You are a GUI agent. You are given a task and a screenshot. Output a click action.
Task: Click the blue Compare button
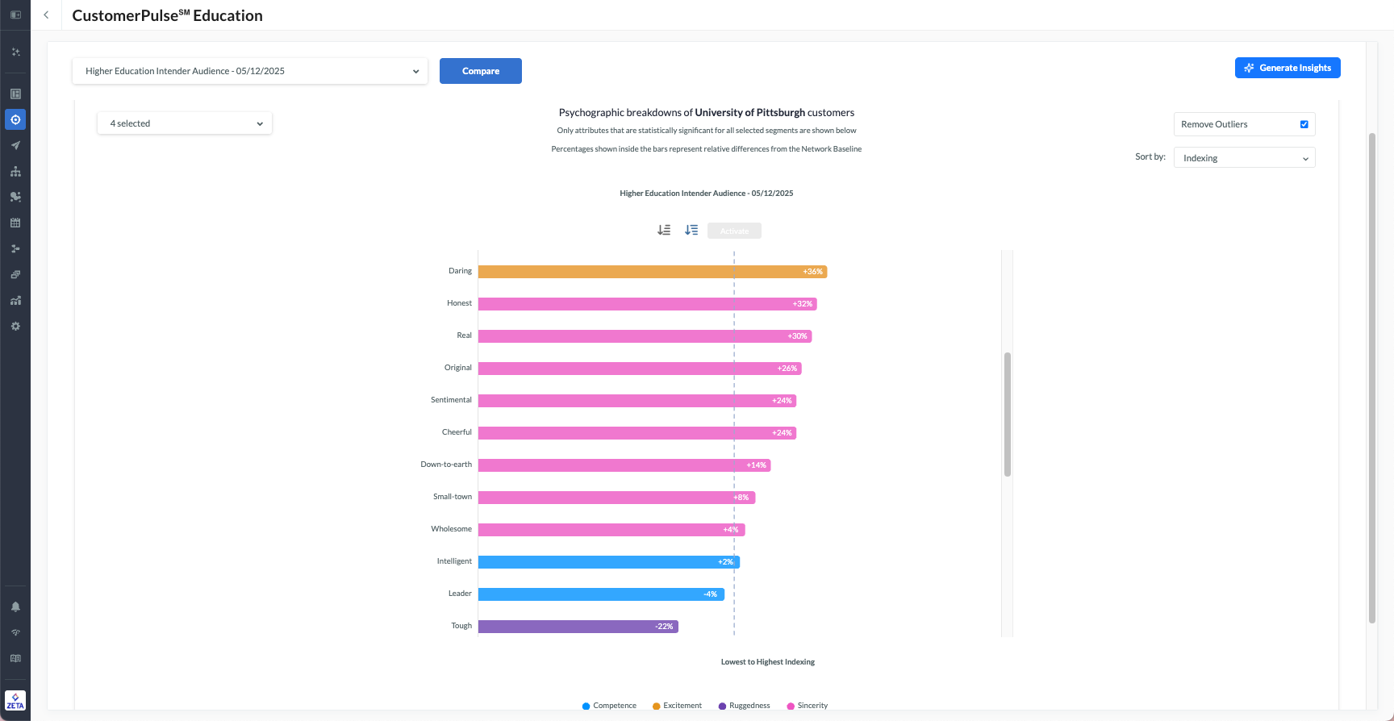(480, 71)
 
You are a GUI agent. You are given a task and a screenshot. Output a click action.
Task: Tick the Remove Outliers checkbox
(1304, 124)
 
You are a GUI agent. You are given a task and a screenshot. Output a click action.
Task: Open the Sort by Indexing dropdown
(1244, 158)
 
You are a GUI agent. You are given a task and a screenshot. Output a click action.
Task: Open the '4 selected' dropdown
(185, 123)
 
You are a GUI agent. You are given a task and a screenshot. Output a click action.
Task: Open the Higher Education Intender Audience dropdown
(250, 71)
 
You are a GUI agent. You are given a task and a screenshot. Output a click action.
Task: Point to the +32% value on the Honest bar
(803, 304)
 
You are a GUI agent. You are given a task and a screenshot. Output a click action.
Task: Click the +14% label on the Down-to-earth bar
(756, 465)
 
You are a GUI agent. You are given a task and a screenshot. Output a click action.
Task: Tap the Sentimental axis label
(451, 400)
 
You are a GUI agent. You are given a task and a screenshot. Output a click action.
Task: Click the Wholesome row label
(451, 529)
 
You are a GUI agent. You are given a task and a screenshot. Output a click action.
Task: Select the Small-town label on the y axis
(452, 497)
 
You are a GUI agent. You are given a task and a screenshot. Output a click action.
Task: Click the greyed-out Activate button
(734, 231)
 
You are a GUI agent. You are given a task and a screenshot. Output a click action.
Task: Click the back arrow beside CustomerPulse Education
(46, 15)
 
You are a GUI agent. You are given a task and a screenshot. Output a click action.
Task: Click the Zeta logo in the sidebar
(15, 700)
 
